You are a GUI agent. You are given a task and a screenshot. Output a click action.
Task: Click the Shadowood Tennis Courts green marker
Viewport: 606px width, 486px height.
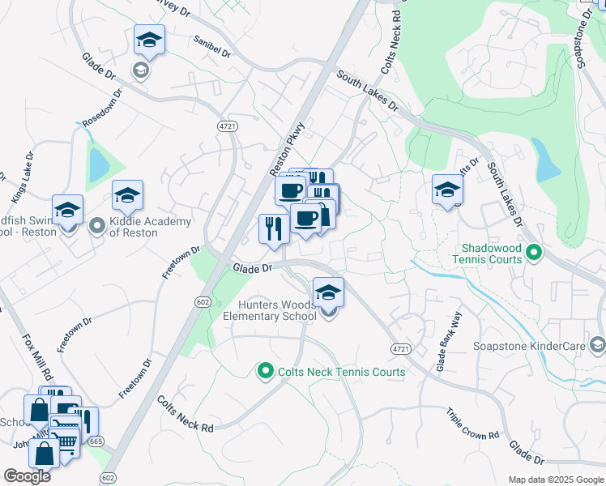[x=534, y=254]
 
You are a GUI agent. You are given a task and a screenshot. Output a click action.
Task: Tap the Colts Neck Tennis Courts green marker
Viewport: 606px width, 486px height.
[x=264, y=372]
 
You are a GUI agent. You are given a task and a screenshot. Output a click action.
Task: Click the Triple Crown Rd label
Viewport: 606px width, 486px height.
[x=472, y=424]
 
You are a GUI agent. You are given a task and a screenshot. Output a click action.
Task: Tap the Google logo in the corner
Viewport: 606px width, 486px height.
[x=27, y=475]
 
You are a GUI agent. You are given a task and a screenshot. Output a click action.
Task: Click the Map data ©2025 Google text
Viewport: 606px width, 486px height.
[x=556, y=480]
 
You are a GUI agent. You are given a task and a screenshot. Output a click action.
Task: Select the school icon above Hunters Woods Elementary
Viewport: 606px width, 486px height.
[x=328, y=291]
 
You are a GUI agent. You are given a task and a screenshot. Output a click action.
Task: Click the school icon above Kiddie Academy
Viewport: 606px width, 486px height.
[x=127, y=194]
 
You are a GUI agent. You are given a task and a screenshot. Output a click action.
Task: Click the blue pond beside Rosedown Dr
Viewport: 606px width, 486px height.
[x=100, y=165]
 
